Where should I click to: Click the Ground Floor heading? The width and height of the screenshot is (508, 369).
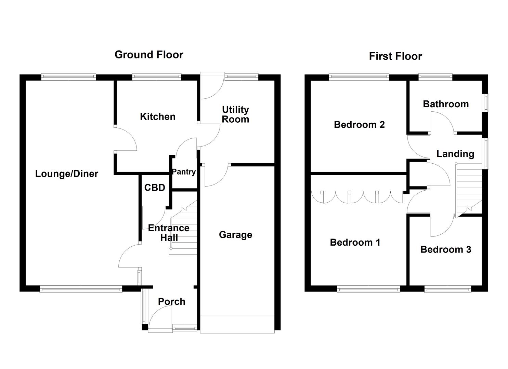pos(149,55)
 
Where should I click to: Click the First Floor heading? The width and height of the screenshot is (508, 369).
pos(395,56)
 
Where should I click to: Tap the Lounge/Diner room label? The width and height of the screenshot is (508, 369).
pos(67,174)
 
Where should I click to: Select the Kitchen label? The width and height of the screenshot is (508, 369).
pos(157,117)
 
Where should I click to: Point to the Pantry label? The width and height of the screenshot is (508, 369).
pos(184,172)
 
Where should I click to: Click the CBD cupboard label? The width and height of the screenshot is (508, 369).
pos(155,188)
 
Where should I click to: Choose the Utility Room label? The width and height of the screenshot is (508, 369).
pos(235,114)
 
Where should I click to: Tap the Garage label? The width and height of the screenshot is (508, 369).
pos(235,235)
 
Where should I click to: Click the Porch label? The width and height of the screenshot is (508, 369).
pos(171,302)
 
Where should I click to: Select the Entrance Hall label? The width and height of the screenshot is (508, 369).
pos(169,233)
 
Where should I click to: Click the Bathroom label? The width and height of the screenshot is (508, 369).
pos(446,104)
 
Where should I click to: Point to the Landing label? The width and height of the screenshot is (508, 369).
pos(455,154)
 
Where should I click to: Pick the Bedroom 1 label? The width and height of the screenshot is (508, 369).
pos(355,243)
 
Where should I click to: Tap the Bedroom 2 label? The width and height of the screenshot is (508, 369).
pos(359,125)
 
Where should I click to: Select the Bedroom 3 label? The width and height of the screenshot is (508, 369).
pos(445,250)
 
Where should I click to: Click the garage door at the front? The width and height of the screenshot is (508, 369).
pos(237,324)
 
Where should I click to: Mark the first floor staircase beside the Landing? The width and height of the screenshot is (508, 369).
pos(468,190)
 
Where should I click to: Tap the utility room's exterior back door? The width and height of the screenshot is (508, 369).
pos(211,86)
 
